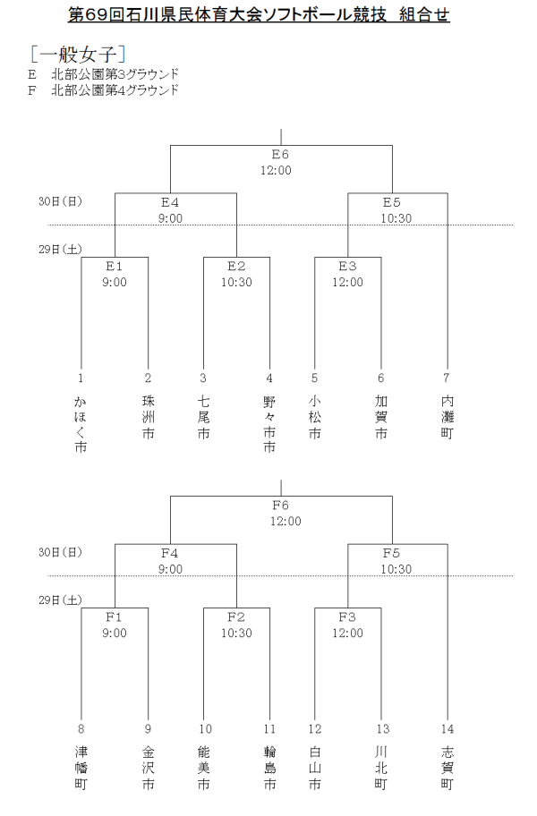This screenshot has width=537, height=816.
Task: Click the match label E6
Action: pyautogui.click(x=280, y=154)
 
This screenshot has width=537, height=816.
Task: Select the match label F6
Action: pyautogui.click(x=280, y=506)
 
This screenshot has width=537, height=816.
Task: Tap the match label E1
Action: pyautogui.click(x=115, y=266)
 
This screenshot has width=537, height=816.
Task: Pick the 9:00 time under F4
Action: pyautogui.click(x=170, y=569)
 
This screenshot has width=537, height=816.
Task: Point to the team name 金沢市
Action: pyautogui.click(x=148, y=767)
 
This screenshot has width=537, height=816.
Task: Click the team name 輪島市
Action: pyautogui.click(x=269, y=767)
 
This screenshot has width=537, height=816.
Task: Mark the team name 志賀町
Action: pyautogui.click(x=447, y=767)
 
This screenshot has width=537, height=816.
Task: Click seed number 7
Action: pyautogui.click(x=447, y=378)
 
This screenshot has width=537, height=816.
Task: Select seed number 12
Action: pyautogui.click(x=314, y=730)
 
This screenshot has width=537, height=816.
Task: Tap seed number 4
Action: pyautogui.click(x=269, y=378)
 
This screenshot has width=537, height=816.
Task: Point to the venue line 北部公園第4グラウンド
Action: pyautogui.click(x=115, y=89)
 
